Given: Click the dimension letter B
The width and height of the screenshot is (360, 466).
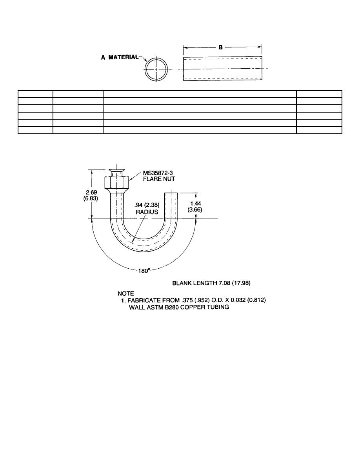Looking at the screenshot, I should click(x=222, y=47).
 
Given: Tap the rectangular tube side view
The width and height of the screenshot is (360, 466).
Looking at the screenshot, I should click(x=223, y=69).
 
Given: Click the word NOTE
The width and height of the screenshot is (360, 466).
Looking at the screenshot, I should click(x=126, y=293).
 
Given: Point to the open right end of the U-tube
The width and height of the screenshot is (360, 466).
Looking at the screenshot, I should click(x=171, y=193).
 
